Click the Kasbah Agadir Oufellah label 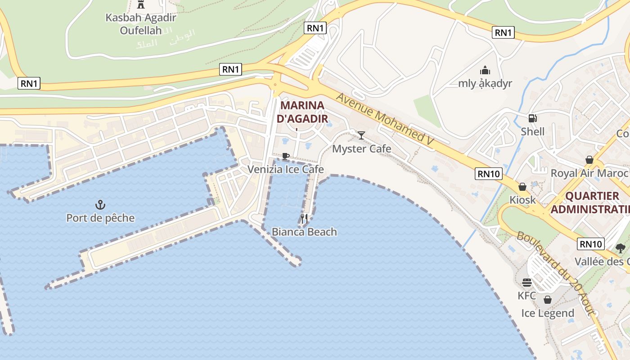[x=141, y=24]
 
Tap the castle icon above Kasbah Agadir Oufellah [x=141, y=4]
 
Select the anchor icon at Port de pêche [x=100, y=205]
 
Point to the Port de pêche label [x=100, y=218]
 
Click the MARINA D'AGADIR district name [x=302, y=112]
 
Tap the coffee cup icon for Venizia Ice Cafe [x=285, y=156]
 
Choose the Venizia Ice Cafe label [x=286, y=169]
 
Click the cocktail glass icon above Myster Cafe [x=361, y=135]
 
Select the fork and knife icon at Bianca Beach [x=304, y=219]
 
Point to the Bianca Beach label [x=304, y=232]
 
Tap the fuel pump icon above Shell [x=532, y=118]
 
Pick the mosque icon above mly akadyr [x=485, y=70]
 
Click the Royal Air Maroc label [x=589, y=173]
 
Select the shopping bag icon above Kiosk [x=522, y=186]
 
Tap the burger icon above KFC [x=527, y=283]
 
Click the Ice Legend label [x=548, y=313]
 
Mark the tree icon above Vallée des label [x=621, y=248]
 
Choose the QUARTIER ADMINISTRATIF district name [x=590, y=203]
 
